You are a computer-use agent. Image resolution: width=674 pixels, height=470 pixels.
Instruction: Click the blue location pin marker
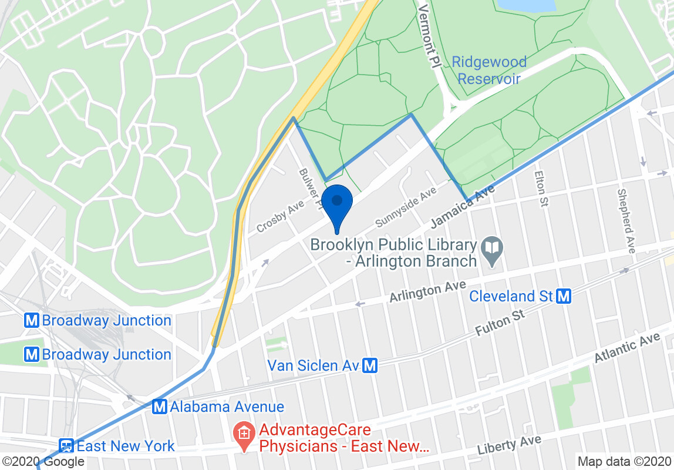(x=337, y=203)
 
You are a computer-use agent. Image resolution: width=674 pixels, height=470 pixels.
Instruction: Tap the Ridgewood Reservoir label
(x=490, y=70)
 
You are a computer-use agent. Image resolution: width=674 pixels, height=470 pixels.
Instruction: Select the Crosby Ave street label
(x=281, y=216)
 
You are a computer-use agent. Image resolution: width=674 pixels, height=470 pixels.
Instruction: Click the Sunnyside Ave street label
(x=406, y=207)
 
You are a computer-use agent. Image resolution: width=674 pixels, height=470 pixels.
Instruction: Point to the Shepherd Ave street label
(x=626, y=221)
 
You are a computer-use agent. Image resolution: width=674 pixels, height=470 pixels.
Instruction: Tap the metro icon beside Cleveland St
(x=564, y=296)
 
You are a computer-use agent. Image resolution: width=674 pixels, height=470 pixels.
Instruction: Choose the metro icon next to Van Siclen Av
(x=370, y=366)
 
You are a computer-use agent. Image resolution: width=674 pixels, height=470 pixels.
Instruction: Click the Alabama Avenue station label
(x=227, y=407)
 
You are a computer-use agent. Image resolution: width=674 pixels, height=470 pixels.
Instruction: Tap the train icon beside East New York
(x=66, y=446)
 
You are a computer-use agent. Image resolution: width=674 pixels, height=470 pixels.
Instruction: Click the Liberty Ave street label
(x=508, y=445)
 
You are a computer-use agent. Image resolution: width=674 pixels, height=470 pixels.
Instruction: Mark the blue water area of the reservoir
(x=525, y=5)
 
